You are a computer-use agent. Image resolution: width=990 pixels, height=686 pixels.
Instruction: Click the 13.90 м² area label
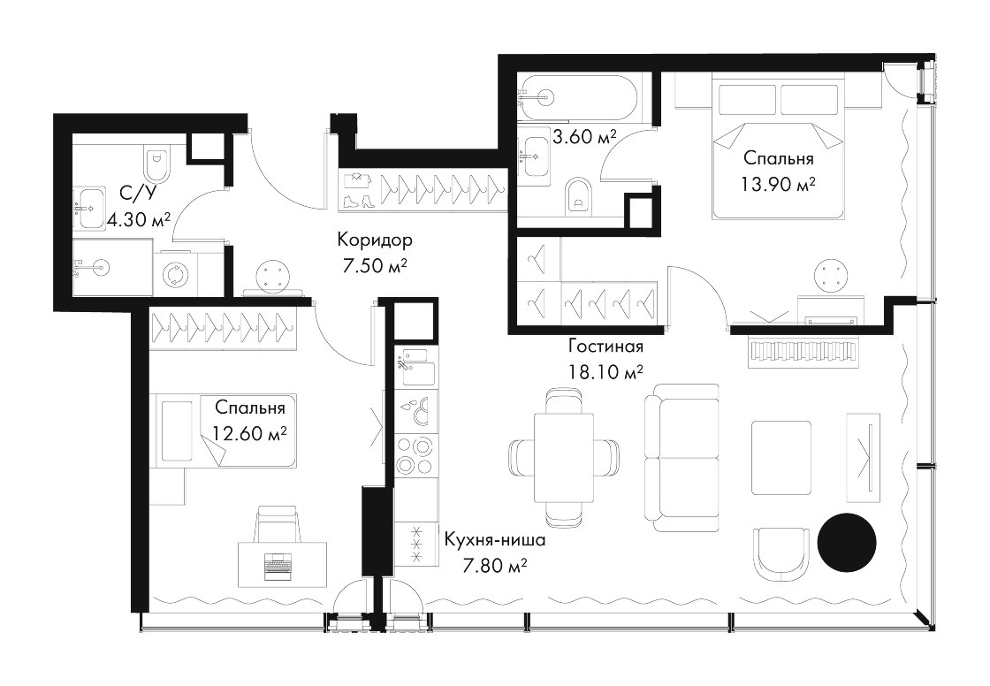pos(778,185)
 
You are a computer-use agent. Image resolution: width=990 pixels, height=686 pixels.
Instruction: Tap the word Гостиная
pos(605,347)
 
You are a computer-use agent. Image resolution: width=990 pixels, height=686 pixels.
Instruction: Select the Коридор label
pos(375,240)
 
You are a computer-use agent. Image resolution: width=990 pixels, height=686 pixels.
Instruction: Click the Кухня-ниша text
pos(495,540)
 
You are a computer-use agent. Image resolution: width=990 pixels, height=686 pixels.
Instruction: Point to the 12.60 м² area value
pos(250,433)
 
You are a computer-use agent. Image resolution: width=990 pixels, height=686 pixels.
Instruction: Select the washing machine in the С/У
pos(173,274)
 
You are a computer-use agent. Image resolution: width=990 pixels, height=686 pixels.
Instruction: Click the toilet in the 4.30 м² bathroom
pos(156,165)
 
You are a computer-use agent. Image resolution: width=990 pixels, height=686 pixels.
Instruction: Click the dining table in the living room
pos(564,457)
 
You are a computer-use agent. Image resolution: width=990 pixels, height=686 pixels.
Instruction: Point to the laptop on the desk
pos(275,566)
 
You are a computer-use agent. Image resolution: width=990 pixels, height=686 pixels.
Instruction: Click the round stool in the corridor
pos(274,277)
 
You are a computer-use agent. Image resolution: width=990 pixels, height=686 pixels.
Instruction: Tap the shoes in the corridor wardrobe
pos(358,201)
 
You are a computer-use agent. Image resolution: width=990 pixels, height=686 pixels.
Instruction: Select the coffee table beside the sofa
pos(781,457)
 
